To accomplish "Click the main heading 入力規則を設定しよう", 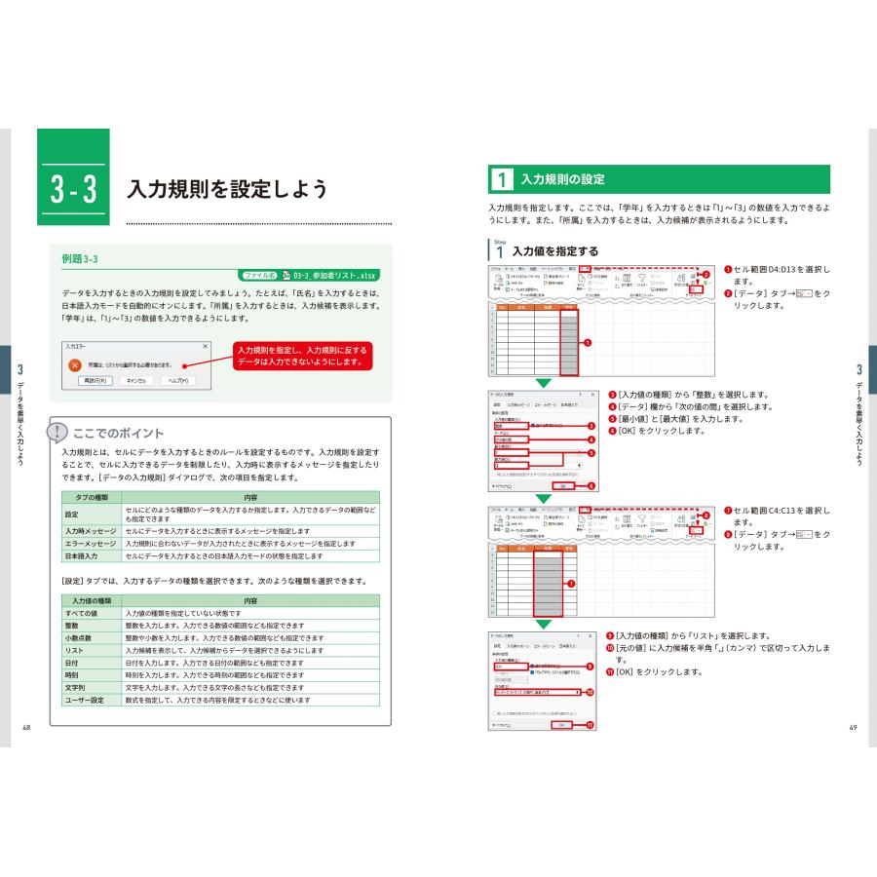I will coord(228,190).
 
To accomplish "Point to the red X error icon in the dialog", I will coord(74,364).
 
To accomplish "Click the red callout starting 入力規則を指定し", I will coord(303,356).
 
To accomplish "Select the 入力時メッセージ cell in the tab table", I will coord(91,531).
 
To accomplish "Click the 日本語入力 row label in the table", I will coord(84,555).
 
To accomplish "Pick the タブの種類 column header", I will coord(91,497).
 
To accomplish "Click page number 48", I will coord(25,728).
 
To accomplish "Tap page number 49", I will coord(853,728).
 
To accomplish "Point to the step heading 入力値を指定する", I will coord(555,250).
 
